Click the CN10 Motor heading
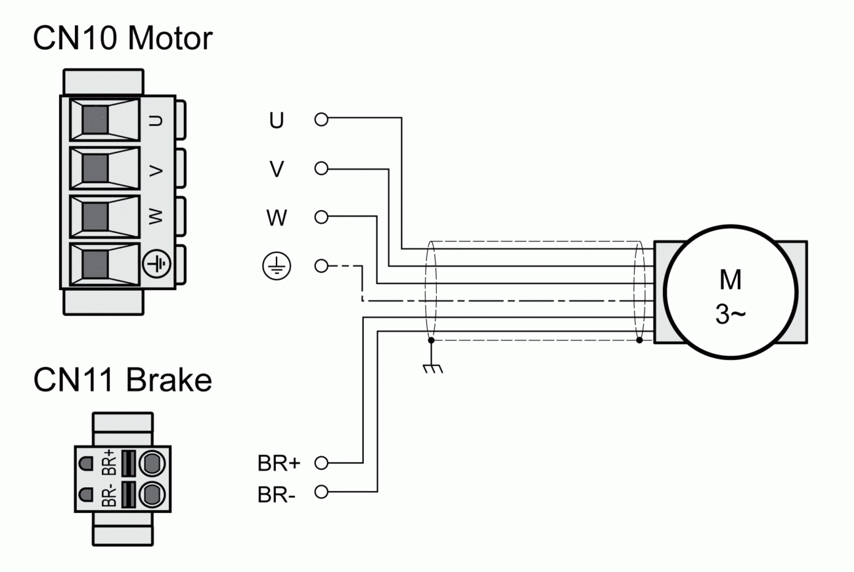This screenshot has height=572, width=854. click(123, 39)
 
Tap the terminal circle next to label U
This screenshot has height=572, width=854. click(321, 120)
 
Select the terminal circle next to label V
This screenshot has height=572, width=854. click(321, 169)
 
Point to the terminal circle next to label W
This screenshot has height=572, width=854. click(321, 217)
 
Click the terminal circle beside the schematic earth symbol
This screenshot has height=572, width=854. click(321, 266)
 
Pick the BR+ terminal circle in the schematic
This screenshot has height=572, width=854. click(321, 463)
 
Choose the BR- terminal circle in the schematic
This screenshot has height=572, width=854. click(321, 491)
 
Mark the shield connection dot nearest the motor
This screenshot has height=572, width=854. click(640, 341)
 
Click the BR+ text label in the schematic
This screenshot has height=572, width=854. click(279, 464)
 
